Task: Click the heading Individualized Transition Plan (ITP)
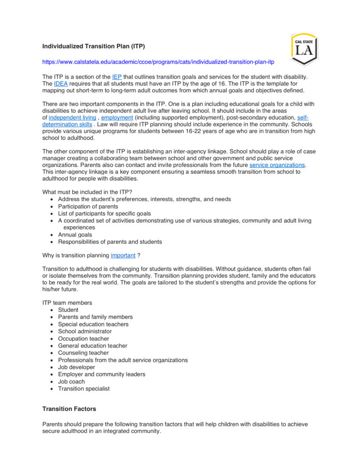click(93, 46)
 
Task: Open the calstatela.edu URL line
click(158, 61)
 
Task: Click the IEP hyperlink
click(117, 76)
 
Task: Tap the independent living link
click(72, 118)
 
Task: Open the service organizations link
click(277, 165)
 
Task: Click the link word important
click(123, 256)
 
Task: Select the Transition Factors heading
click(69, 409)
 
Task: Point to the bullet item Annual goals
click(75, 235)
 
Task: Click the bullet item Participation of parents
click(88, 206)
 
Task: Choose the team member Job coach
click(71, 381)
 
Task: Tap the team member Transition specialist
click(84, 389)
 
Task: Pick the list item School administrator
click(85, 331)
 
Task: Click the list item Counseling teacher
click(83, 353)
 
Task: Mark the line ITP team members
click(67, 303)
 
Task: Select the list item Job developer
click(76, 367)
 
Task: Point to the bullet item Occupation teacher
click(83, 339)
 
